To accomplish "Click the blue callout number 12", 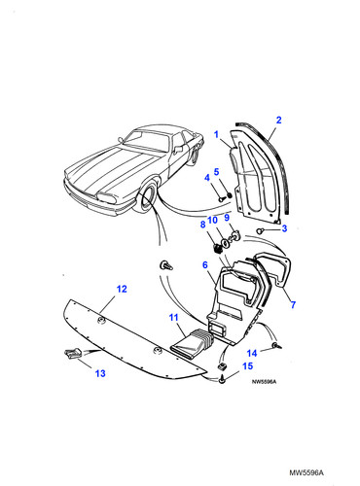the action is (122, 289).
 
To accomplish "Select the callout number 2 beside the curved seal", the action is (279, 120).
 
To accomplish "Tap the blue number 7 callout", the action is (293, 304).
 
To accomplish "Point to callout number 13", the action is (100, 373).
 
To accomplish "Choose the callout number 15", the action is (247, 365).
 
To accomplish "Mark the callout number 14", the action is (252, 353).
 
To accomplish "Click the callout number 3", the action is (284, 228).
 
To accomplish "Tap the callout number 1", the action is (216, 134).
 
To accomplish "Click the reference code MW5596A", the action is (306, 472).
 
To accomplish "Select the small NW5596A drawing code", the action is (264, 382).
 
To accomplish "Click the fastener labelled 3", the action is (260, 231).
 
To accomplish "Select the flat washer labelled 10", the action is (224, 243).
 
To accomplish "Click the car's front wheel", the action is (147, 198).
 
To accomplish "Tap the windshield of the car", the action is (147, 141).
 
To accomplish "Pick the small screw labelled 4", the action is (220, 200).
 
